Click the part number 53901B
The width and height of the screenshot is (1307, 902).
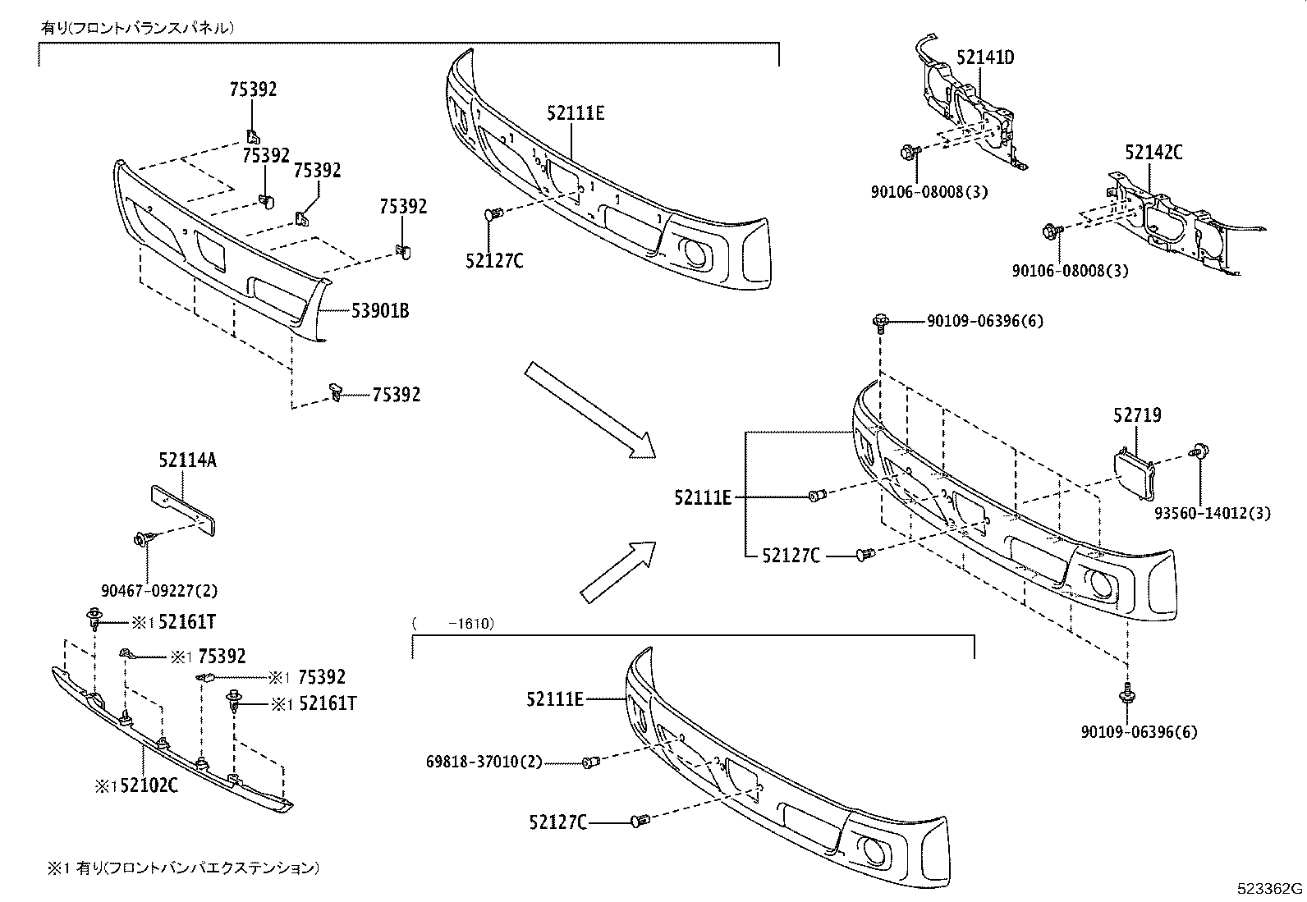[380, 311]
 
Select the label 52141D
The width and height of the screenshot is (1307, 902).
[984, 57]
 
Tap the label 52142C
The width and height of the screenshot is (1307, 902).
[1153, 152]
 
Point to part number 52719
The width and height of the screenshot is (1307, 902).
[1137, 415]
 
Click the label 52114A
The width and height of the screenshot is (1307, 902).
[187, 460]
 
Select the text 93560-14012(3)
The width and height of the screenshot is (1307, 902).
[1212, 514]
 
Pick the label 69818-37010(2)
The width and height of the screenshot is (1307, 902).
[484, 762]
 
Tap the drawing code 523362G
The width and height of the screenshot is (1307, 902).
[1271, 889]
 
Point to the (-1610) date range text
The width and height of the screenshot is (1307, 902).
[452, 624]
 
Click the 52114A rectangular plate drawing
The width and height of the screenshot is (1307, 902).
[183, 509]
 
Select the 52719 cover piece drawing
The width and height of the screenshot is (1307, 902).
[1133, 474]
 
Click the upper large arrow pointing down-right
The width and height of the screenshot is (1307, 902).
[589, 409]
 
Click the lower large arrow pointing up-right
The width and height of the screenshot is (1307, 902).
[617, 570]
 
